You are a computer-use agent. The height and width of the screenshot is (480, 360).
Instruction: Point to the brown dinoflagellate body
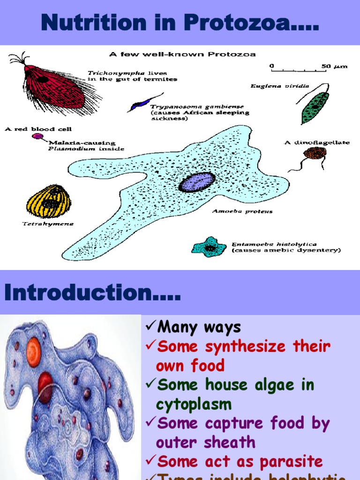315,153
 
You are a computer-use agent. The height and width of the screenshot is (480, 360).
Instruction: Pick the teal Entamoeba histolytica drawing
209,246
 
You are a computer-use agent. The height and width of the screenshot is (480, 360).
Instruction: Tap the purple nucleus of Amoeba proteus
197,182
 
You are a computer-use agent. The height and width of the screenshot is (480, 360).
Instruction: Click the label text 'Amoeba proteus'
242,211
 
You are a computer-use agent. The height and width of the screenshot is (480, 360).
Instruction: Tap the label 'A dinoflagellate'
316,142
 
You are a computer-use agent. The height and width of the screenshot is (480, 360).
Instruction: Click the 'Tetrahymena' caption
48,224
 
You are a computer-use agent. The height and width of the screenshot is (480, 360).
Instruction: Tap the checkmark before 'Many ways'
150,327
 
